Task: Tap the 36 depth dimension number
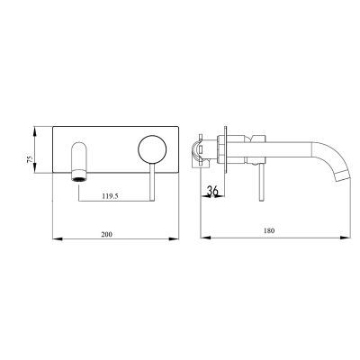coord(213,191)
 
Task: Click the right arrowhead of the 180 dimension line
coord(348,238)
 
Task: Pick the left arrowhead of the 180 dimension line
coord(200,238)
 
